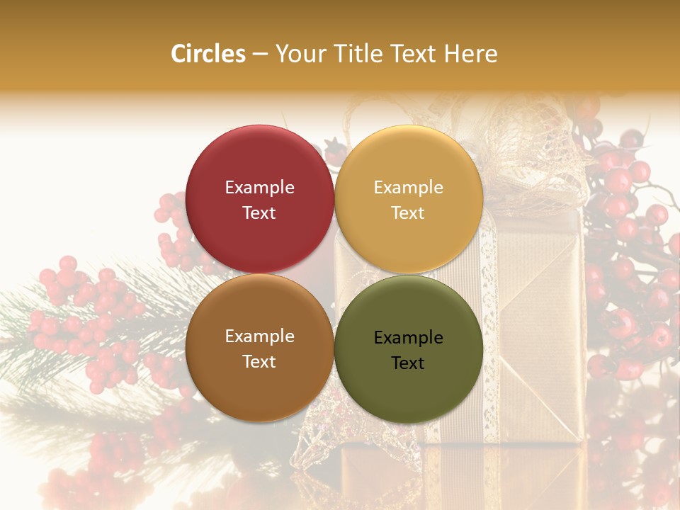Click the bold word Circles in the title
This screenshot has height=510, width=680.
[x=208, y=54]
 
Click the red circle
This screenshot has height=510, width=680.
[x=259, y=199]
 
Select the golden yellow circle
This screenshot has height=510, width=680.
[x=408, y=199]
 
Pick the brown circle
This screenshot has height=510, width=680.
[x=259, y=348]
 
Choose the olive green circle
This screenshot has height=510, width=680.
[x=408, y=349]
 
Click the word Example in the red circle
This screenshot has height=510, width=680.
[x=259, y=188]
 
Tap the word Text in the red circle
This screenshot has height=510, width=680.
[x=259, y=213]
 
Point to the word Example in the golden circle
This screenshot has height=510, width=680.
[x=408, y=188]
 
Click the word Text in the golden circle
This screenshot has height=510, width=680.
[x=408, y=213]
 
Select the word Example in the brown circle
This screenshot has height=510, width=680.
[x=259, y=336]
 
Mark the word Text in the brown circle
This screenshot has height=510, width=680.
[x=259, y=362]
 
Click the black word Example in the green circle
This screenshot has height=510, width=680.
[x=408, y=338]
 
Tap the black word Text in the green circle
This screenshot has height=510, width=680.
[x=408, y=363]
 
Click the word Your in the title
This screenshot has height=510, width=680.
[x=296, y=54]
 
